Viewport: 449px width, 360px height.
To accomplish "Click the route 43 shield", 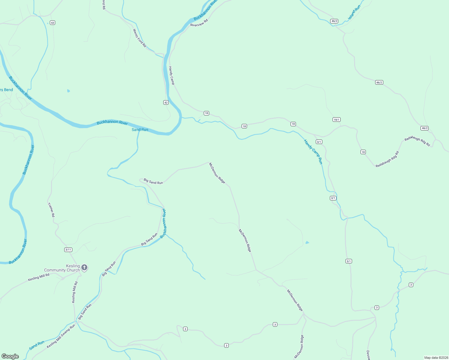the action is (x=53, y=23).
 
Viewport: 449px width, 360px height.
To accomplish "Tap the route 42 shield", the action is (x=166, y=103).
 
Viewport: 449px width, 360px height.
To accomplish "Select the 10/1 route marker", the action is (x=336, y=120).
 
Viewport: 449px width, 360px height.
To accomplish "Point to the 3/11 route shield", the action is (x=68, y=250).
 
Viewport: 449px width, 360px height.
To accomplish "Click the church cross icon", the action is (x=85, y=268).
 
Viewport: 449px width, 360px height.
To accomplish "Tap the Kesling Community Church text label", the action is (x=62, y=268).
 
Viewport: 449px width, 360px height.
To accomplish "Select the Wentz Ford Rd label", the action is (x=140, y=38).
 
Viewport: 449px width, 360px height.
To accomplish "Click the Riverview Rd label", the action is (x=199, y=23).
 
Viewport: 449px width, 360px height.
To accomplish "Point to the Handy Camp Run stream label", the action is (x=313, y=152).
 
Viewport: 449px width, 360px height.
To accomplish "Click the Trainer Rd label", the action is (x=51, y=210).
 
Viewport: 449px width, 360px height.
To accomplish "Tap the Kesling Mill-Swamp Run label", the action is (x=61, y=337).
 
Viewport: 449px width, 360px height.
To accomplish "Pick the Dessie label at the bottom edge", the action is (x=368, y=355).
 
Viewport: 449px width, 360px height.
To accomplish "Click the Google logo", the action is (x=10, y=356).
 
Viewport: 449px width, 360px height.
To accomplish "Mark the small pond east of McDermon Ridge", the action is (x=307, y=242).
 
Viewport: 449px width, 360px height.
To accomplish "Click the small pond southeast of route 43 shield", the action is (x=68, y=91).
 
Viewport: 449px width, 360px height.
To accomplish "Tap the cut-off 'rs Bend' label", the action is (x=6, y=90).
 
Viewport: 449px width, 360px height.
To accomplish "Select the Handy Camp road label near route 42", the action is (x=171, y=76).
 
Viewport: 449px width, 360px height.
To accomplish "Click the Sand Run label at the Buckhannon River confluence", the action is (x=140, y=130).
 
